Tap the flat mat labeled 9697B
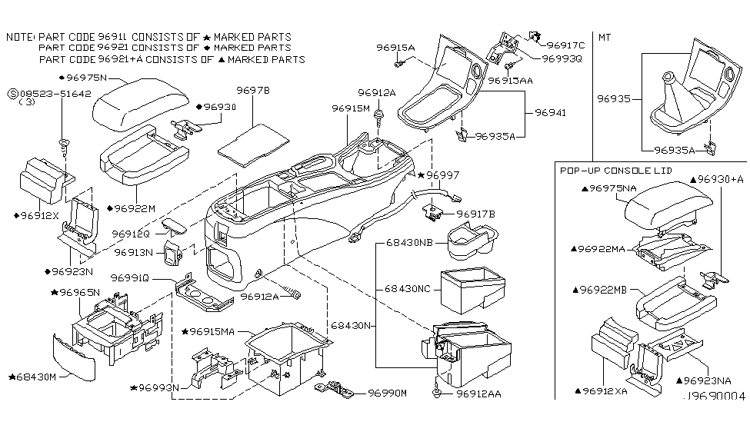tap(253, 141)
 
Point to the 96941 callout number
tap(551, 112)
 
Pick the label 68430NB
tap(408, 244)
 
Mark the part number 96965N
tap(75, 292)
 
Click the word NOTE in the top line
tap(19, 36)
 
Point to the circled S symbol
tap(12, 93)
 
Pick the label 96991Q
tap(133, 277)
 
